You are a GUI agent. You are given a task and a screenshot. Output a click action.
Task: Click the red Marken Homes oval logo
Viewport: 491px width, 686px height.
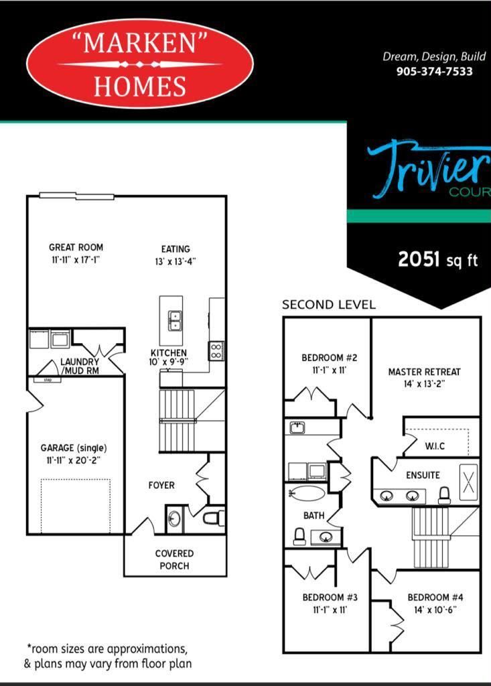(140, 64)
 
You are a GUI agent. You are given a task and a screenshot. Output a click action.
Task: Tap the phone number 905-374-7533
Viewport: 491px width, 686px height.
(434, 71)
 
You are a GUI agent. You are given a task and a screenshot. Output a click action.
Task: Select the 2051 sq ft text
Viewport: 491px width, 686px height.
(437, 259)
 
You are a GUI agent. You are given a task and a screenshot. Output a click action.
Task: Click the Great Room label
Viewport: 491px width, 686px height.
(76, 247)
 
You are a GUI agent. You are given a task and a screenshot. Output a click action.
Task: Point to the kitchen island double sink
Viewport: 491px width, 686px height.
(176, 322)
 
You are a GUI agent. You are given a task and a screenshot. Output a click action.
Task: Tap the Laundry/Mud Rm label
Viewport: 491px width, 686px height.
(80, 366)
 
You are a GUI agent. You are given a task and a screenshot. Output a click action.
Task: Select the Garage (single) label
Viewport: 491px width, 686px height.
(74, 448)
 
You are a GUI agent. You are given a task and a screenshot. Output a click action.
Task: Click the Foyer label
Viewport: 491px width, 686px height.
(161, 485)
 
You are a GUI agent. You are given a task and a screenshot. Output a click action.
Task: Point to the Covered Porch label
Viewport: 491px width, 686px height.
(174, 559)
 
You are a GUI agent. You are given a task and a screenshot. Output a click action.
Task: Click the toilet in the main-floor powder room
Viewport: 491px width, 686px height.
(214, 519)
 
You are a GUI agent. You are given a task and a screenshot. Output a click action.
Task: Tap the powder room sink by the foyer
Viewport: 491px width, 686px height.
(174, 519)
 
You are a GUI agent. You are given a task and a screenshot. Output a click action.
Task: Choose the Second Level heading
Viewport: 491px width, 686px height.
(329, 305)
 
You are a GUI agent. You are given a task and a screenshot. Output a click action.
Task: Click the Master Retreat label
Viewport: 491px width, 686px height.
(425, 372)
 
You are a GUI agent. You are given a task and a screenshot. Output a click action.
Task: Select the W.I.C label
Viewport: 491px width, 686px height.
(435, 446)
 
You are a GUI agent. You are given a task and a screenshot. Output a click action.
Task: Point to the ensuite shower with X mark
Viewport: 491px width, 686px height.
(468, 482)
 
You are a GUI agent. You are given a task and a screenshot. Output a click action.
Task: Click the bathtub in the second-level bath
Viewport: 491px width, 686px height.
(308, 494)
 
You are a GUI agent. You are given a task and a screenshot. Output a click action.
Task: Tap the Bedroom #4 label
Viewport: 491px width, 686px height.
(435, 597)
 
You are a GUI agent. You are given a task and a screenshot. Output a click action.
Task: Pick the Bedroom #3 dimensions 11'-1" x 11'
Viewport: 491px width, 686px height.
(330, 610)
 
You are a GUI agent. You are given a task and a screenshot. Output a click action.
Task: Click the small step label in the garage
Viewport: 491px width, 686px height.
(48, 380)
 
